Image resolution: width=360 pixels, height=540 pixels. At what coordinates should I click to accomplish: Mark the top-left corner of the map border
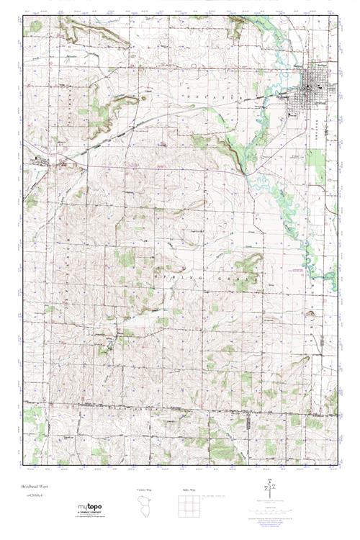point(22,15)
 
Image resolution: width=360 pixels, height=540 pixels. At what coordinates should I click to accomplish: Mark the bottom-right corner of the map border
point(336,464)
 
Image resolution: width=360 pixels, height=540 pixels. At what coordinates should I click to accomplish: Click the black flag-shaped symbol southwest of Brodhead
point(292,112)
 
